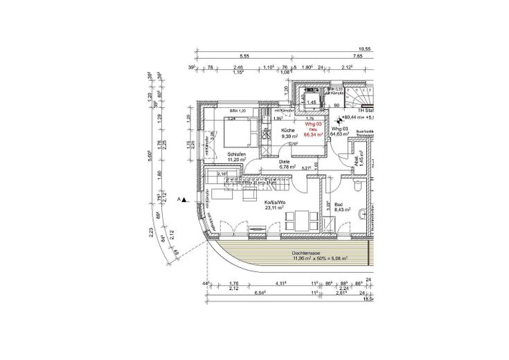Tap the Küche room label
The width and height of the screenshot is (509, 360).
289,134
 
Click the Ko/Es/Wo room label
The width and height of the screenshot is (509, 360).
275,203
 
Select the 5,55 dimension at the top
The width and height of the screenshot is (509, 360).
244,55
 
